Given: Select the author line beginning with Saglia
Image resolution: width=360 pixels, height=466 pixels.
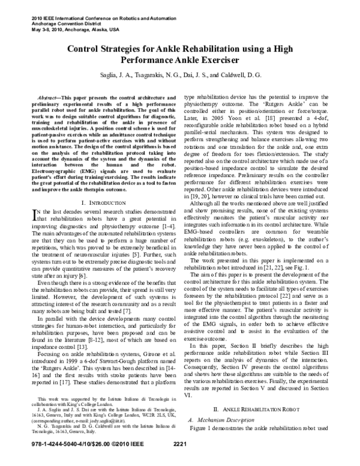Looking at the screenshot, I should point(180,77).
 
